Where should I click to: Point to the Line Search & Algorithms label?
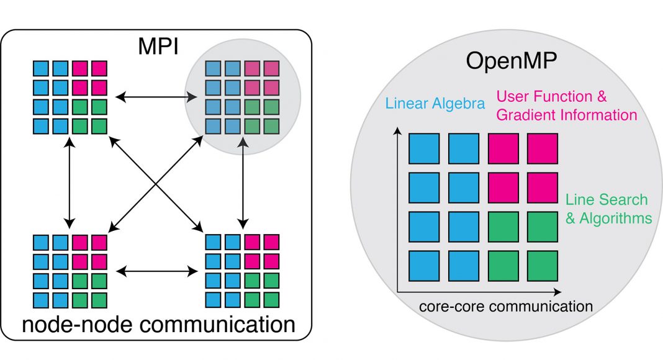[x=608, y=209]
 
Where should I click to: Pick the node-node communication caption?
[x=156, y=325]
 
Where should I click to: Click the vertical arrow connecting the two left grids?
[x=70, y=183]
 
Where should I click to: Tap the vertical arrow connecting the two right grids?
[x=242, y=183]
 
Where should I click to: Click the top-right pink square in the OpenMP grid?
[x=542, y=150]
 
